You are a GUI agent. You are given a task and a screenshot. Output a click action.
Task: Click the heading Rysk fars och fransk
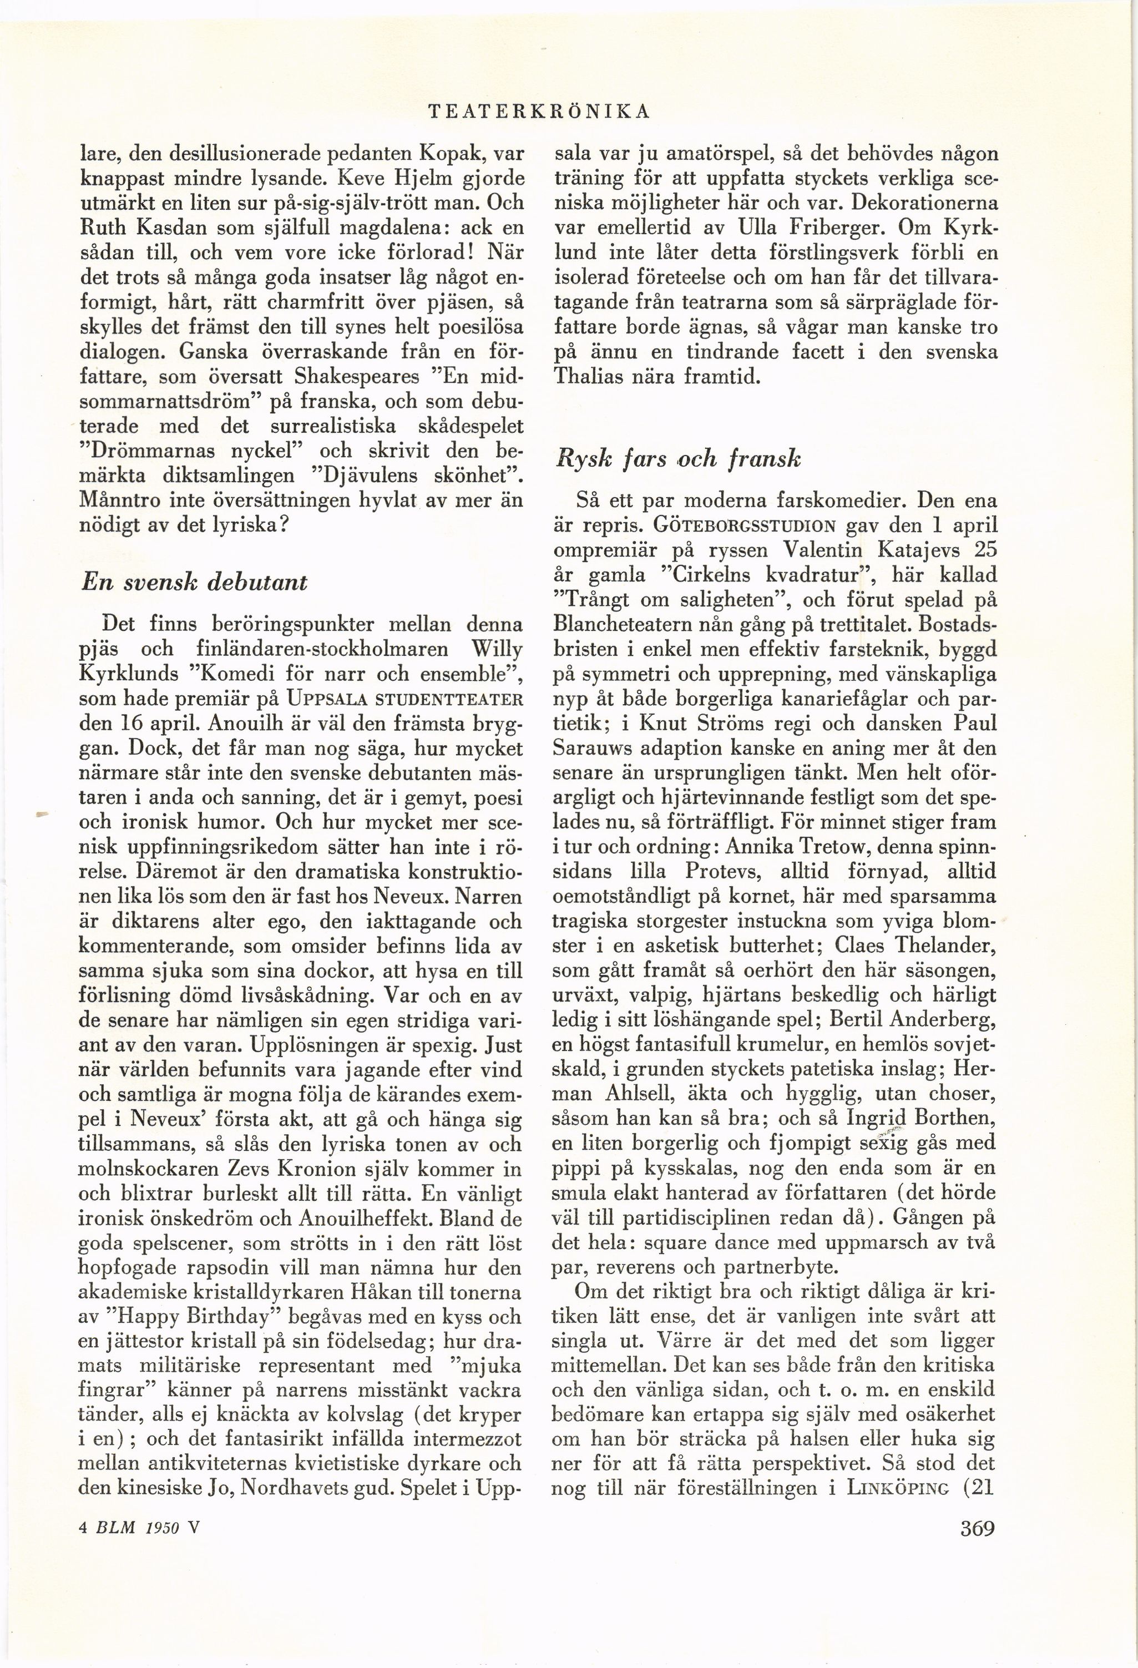click(x=677, y=459)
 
